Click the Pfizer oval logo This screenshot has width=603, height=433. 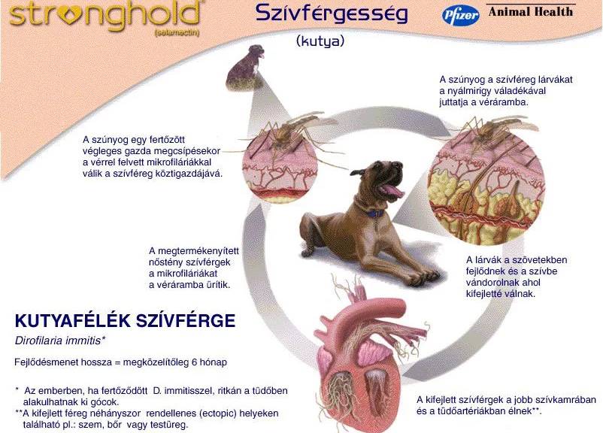pyautogui.click(x=461, y=15)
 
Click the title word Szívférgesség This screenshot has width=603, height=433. pyautogui.click(x=332, y=14)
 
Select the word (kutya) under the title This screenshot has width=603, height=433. pyautogui.click(x=320, y=41)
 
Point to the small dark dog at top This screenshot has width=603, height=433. pyautogui.click(x=246, y=66)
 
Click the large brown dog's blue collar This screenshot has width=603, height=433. pyautogui.click(x=372, y=213)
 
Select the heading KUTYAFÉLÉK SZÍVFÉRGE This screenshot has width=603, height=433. pyautogui.click(x=125, y=321)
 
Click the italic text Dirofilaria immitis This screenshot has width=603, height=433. pyautogui.click(x=60, y=341)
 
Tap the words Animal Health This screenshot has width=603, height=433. pyautogui.click(x=531, y=12)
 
